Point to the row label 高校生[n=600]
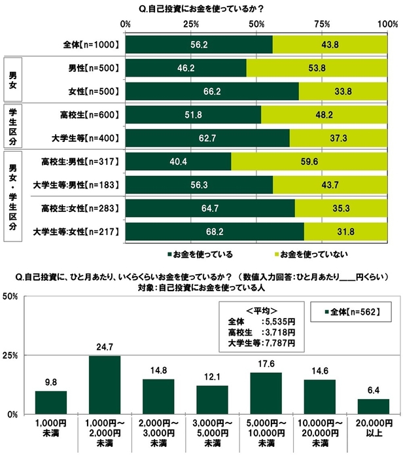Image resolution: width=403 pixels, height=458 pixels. click(x=88, y=114)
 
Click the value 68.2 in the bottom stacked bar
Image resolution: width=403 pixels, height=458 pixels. click(x=215, y=232)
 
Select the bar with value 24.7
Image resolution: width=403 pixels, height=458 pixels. click(x=105, y=385)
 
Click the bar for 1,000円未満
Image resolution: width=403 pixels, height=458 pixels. click(x=52, y=402)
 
